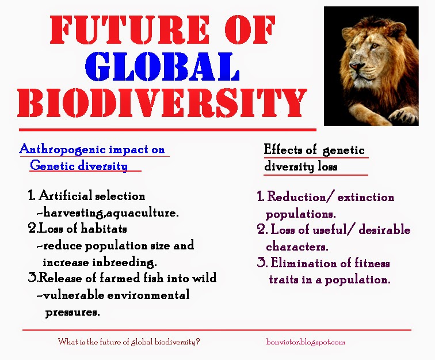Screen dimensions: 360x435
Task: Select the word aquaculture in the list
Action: [144, 213]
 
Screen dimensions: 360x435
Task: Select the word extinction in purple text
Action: [366, 198]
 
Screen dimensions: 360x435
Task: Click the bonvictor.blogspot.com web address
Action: [306, 342]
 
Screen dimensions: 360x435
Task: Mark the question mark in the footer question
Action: [199, 342]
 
